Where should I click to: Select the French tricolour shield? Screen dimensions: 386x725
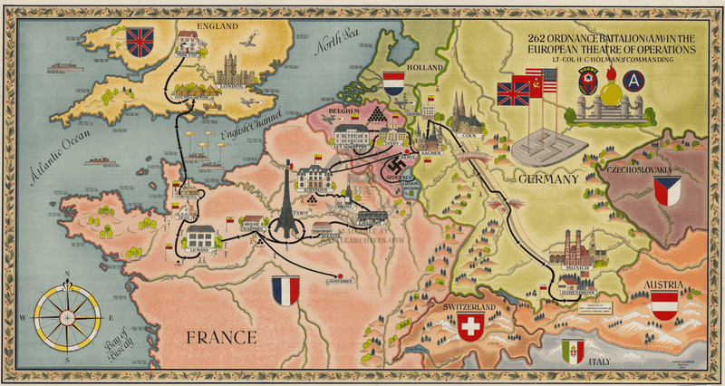coord(285,290)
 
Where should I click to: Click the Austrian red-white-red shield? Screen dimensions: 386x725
coord(664,304)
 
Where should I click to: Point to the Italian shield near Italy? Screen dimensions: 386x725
coord(573,351)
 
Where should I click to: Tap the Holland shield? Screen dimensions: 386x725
coord(393,84)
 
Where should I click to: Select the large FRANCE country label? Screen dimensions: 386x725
coord(221,339)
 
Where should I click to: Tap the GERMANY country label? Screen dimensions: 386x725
coord(547,179)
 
